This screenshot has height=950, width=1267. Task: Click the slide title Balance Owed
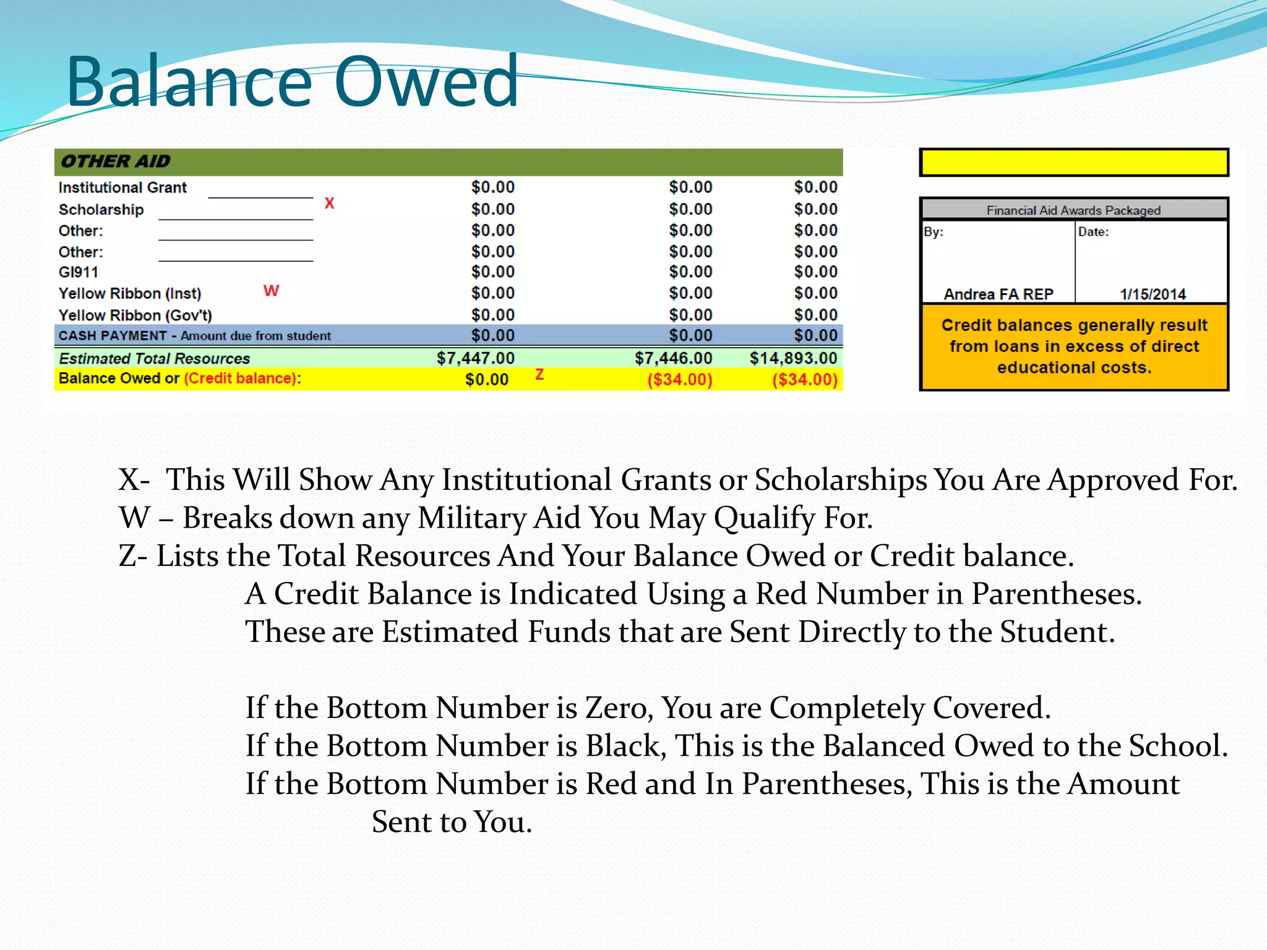(x=292, y=82)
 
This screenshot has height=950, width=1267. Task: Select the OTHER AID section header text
(x=115, y=161)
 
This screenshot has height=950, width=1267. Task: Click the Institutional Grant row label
(x=122, y=187)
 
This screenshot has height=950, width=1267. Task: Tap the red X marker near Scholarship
(x=329, y=203)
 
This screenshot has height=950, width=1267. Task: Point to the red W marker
(x=271, y=291)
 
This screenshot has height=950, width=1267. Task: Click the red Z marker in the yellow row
(x=539, y=374)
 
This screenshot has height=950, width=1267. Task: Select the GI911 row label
(x=79, y=272)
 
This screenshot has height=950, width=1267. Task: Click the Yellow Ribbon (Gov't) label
(x=135, y=315)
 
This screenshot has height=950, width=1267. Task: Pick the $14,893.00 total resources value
(x=793, y=358)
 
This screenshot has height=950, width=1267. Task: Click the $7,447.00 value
(x=475, y=358)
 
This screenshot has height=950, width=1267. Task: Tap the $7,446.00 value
(x=673, y=358)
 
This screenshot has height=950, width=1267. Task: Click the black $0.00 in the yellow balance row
(x=487, y=379)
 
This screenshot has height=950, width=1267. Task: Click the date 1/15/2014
(x=1153, y=294)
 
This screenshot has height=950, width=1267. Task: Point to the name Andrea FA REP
(x=998, y=294)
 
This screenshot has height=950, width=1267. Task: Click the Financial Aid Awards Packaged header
(x=1073, y=210)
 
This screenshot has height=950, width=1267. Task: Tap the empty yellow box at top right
(x=1073, y=163)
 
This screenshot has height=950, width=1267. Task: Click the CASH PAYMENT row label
(x=194, y=336)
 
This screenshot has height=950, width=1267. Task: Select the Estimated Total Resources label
(x=155, y=359)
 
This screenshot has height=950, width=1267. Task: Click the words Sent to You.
(x=452, y=822)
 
